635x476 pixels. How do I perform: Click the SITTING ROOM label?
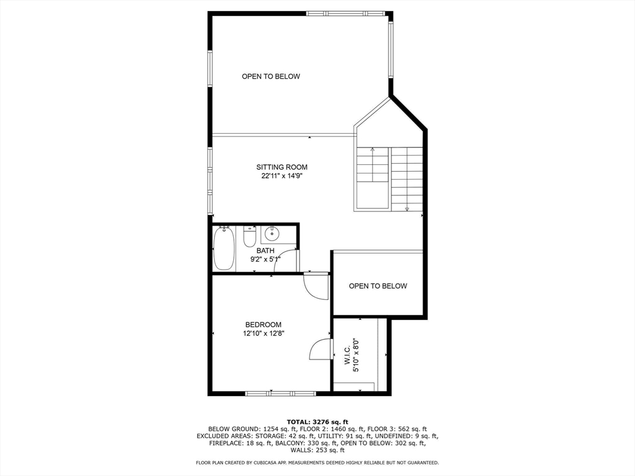tap(282, 167)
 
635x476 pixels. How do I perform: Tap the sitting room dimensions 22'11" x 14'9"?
tap(282, 175)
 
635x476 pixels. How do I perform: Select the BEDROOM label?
tap(263, 324)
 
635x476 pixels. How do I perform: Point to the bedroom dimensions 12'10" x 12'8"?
tap(263, 333)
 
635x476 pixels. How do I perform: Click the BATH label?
tap(265, 250)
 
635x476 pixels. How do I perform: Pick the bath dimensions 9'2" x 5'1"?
tap(265, 259)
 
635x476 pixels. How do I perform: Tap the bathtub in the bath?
tap(224, 248)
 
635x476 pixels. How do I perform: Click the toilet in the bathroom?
tap(249, 237)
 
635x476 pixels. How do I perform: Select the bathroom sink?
tap(272, 234)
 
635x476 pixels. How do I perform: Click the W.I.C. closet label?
tap(347, 355)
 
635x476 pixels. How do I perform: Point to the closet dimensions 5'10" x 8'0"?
tap(356, 355)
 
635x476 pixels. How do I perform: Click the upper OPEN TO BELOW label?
tap(270, 76)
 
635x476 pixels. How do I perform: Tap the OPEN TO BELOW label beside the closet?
tap(378, 286)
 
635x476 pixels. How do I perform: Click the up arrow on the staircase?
tap(372, 150)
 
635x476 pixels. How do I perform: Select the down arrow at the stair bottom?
tap(407, 208)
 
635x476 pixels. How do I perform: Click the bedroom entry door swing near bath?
tap(316, 286)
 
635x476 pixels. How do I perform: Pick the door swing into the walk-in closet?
tap(321, 349)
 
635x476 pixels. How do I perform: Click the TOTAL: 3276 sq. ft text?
tap(317, 421)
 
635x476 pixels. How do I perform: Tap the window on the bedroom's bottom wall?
tap(280, 393)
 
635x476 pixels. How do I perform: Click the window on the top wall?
tap(347, 13)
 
